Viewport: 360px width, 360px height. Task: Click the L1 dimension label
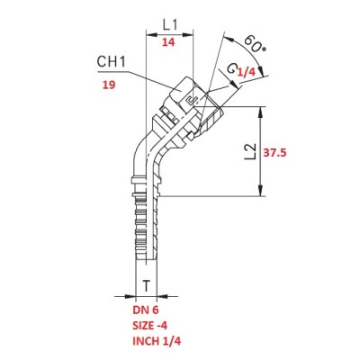coord(170,24)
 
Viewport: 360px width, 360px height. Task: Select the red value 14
coord(168,42)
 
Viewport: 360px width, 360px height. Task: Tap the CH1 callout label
coord(111,62)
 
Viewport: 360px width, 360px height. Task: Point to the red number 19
coord(109,85)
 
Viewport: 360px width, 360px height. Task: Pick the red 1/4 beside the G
coord(247,72)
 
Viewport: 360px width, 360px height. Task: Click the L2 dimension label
coord(250,150)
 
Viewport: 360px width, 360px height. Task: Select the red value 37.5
coord(274,153)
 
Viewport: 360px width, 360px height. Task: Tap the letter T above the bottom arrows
coord(146,286)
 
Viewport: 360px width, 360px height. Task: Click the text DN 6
coord(145,310)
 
